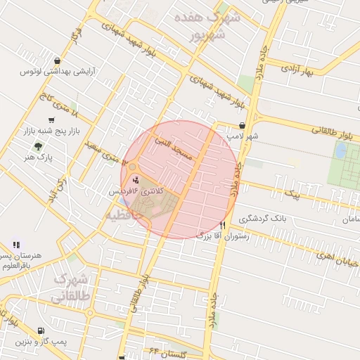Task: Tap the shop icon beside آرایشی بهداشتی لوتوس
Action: coord(56,60)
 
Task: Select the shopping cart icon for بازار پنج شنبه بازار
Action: coord(51,120)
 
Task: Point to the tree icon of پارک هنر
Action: coord(37,146)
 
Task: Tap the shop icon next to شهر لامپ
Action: coord(242,125)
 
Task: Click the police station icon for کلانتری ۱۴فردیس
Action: coord(136,181)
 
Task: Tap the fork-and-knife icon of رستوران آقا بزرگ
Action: coord(223,225)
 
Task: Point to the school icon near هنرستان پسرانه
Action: coord(15,245)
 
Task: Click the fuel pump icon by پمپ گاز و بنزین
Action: coord(41,330)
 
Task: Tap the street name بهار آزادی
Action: coord(297,70)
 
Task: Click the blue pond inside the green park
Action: coord(342,151)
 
